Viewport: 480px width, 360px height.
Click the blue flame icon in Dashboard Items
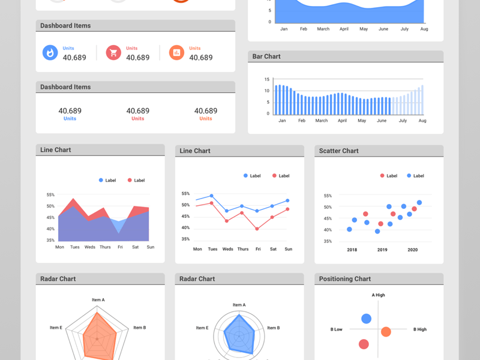(50, 53)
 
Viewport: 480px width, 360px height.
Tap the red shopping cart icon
(113, 53)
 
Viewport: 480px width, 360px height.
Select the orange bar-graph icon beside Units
(176, 53)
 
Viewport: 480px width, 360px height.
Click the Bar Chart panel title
(266, 56)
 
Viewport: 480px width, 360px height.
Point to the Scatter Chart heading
(338, 151)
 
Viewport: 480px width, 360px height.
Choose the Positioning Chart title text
(345, 279)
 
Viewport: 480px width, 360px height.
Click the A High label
(378, 295)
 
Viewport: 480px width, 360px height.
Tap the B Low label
(336, 329)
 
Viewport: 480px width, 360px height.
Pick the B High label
(420, 329)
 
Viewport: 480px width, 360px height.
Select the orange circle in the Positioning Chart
(386, 332)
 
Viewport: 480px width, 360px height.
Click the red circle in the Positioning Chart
(364, 344)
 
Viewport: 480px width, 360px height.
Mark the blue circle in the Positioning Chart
(366, 319)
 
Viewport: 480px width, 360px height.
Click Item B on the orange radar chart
(140, 328)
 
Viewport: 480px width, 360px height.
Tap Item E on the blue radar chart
(202, 328)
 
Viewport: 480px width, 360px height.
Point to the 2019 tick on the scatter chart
(382, 250)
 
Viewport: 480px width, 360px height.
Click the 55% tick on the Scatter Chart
(328, 196)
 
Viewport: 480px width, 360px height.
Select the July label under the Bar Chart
(403, 121)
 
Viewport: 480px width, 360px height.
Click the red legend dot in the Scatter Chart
(382, 176)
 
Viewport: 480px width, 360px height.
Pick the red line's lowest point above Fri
(257, 229)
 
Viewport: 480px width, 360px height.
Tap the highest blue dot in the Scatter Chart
(419, 203)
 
